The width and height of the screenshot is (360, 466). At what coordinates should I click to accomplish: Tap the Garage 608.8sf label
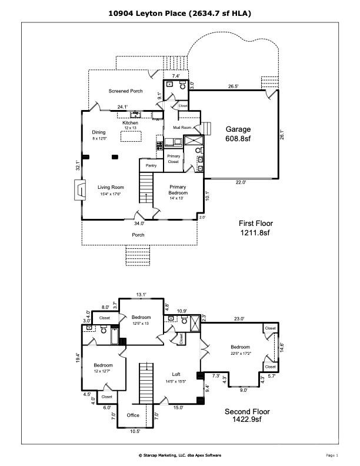click(x=238, y=134)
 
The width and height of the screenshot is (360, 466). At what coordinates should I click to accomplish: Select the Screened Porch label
click(x=125, y=91)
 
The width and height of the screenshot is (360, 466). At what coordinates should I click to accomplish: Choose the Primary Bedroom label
click(x=178, y=190)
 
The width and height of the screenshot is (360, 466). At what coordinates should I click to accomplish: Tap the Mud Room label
click(x=182, y=127)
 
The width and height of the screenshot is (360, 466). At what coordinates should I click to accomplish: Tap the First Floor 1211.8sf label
click(x=254, y=228)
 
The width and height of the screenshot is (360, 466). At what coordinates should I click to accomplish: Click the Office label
click(x=132, y=415)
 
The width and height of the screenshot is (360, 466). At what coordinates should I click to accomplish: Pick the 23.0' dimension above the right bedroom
click(x=238, y=318)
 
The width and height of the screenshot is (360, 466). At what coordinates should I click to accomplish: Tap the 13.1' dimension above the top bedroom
click(x=142, y=294)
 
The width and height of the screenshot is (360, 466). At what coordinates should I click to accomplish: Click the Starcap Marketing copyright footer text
click(x=180, y=455)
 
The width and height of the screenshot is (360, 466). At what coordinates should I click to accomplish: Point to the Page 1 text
click(x=331, y=455)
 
